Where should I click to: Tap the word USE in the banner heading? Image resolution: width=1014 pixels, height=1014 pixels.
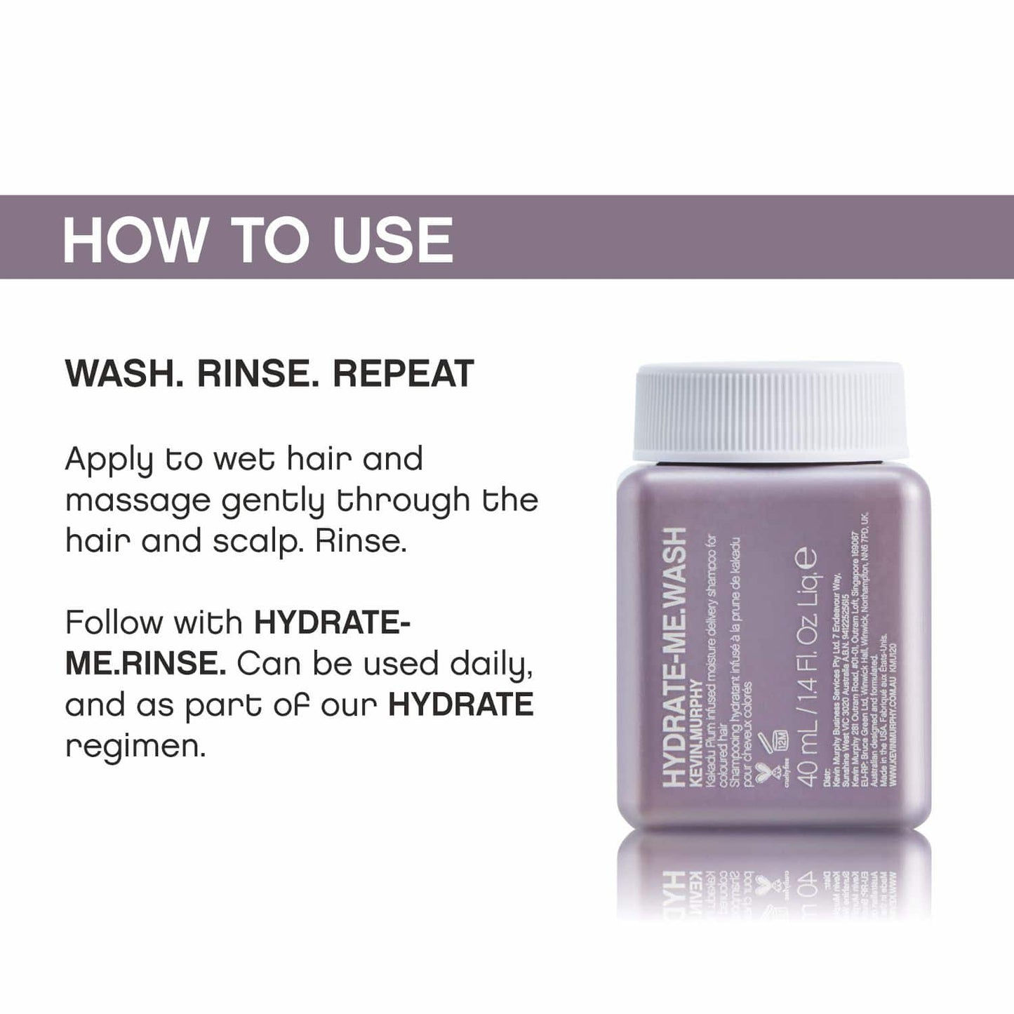(x=392, y=240)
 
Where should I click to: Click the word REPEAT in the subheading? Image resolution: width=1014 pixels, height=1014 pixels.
(x=403, y=374)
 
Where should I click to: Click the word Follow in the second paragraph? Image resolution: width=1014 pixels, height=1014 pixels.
(x=113, y=622)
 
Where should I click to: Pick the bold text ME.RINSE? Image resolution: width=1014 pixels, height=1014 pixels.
(x=145, y=664)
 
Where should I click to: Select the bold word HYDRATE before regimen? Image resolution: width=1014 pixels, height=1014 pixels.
(x=461, y=705)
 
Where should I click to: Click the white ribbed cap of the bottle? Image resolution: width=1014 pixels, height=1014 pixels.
(x=773, y=410)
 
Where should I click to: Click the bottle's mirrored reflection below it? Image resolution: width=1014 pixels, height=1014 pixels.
(x=772, y=881)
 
